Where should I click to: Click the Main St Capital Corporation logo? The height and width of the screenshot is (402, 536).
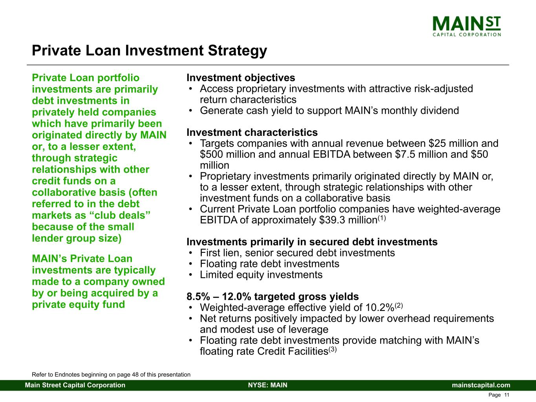pos(466,26)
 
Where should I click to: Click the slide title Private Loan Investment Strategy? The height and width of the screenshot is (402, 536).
pos(150,51)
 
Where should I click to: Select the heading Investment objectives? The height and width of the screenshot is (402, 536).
pos(241,78)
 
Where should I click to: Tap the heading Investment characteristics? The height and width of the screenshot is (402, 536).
pos(252,132)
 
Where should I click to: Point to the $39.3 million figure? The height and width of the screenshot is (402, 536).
pos(348,220)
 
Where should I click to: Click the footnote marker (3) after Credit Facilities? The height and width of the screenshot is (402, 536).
pos(332,350)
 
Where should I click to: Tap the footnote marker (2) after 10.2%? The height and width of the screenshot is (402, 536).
pos(399,305)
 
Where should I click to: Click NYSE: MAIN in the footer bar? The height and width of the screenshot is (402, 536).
pos(268,385)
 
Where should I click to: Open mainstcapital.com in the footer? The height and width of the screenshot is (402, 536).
pos(481,385)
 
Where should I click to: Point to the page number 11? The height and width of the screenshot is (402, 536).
pos(507,395)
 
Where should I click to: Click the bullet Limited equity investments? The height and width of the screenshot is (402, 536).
pos(261,275)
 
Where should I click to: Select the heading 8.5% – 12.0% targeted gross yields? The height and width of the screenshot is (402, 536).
pos(273,296)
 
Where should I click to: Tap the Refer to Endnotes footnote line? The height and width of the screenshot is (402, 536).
pos(111,375)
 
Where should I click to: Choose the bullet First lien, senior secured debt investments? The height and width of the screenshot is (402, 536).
pos(297,253)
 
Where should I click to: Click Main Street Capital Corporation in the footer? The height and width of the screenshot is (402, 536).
pos(75,385)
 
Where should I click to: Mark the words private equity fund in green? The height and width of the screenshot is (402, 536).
pos(79,304)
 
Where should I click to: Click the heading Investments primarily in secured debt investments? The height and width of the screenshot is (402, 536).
pos(312,242)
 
